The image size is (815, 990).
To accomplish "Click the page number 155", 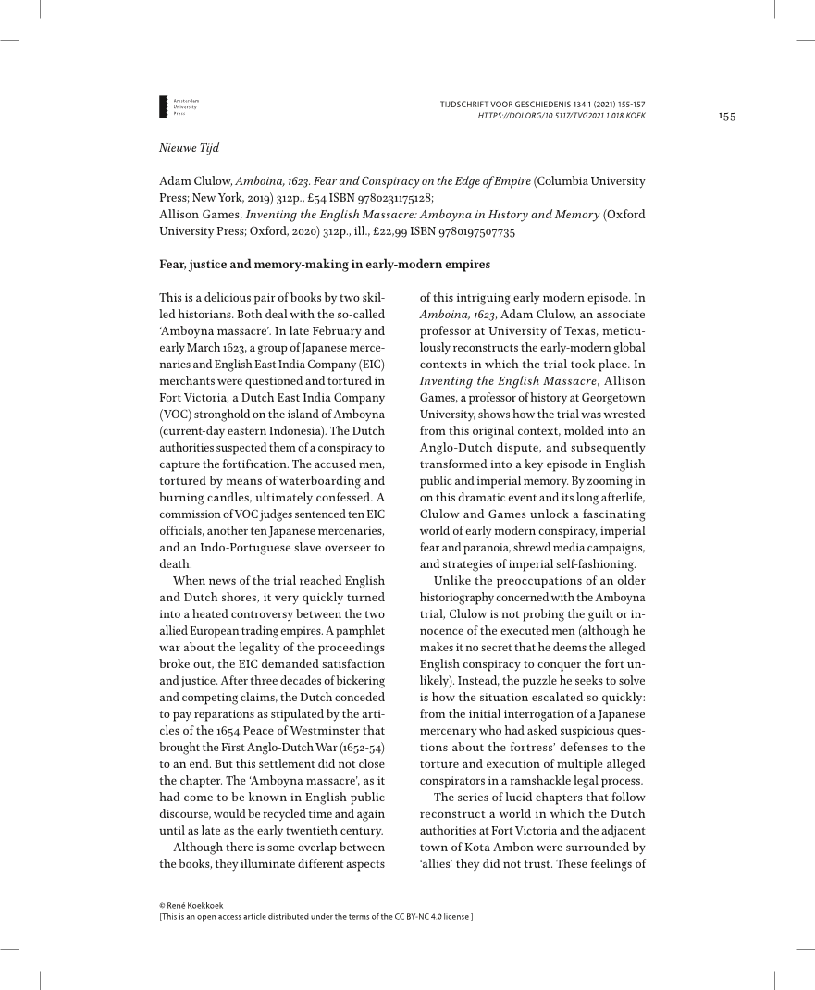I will (727, 116).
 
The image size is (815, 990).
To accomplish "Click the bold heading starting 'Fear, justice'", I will (325, 265).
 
